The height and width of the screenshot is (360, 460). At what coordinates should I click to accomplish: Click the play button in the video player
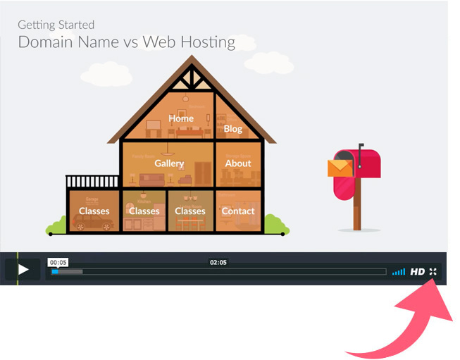coord(23,269)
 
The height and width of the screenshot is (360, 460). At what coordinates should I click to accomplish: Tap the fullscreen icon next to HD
coord(433,271)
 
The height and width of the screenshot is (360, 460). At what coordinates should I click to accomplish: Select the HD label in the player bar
coord(418,271)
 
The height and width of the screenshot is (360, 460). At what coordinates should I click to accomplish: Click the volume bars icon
coord(399,271)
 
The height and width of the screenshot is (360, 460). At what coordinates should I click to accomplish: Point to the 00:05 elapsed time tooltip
coord(58,262)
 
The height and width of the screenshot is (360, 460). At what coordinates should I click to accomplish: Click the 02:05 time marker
coord(218,262)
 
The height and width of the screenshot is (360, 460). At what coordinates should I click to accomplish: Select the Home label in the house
coord(181,118)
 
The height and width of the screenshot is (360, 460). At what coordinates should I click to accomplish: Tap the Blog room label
coord(232,129)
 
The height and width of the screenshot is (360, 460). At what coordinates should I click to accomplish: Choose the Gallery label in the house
coord(169,163)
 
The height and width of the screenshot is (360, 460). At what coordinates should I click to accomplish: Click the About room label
coord(238,163)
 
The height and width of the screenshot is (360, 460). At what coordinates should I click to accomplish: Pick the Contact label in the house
coord(238,211)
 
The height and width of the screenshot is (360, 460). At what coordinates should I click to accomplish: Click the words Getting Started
coord(56,25)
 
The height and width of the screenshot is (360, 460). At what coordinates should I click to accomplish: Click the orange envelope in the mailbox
coord(340,168)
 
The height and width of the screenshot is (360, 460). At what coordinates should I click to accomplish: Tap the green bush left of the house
coord(56,227)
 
